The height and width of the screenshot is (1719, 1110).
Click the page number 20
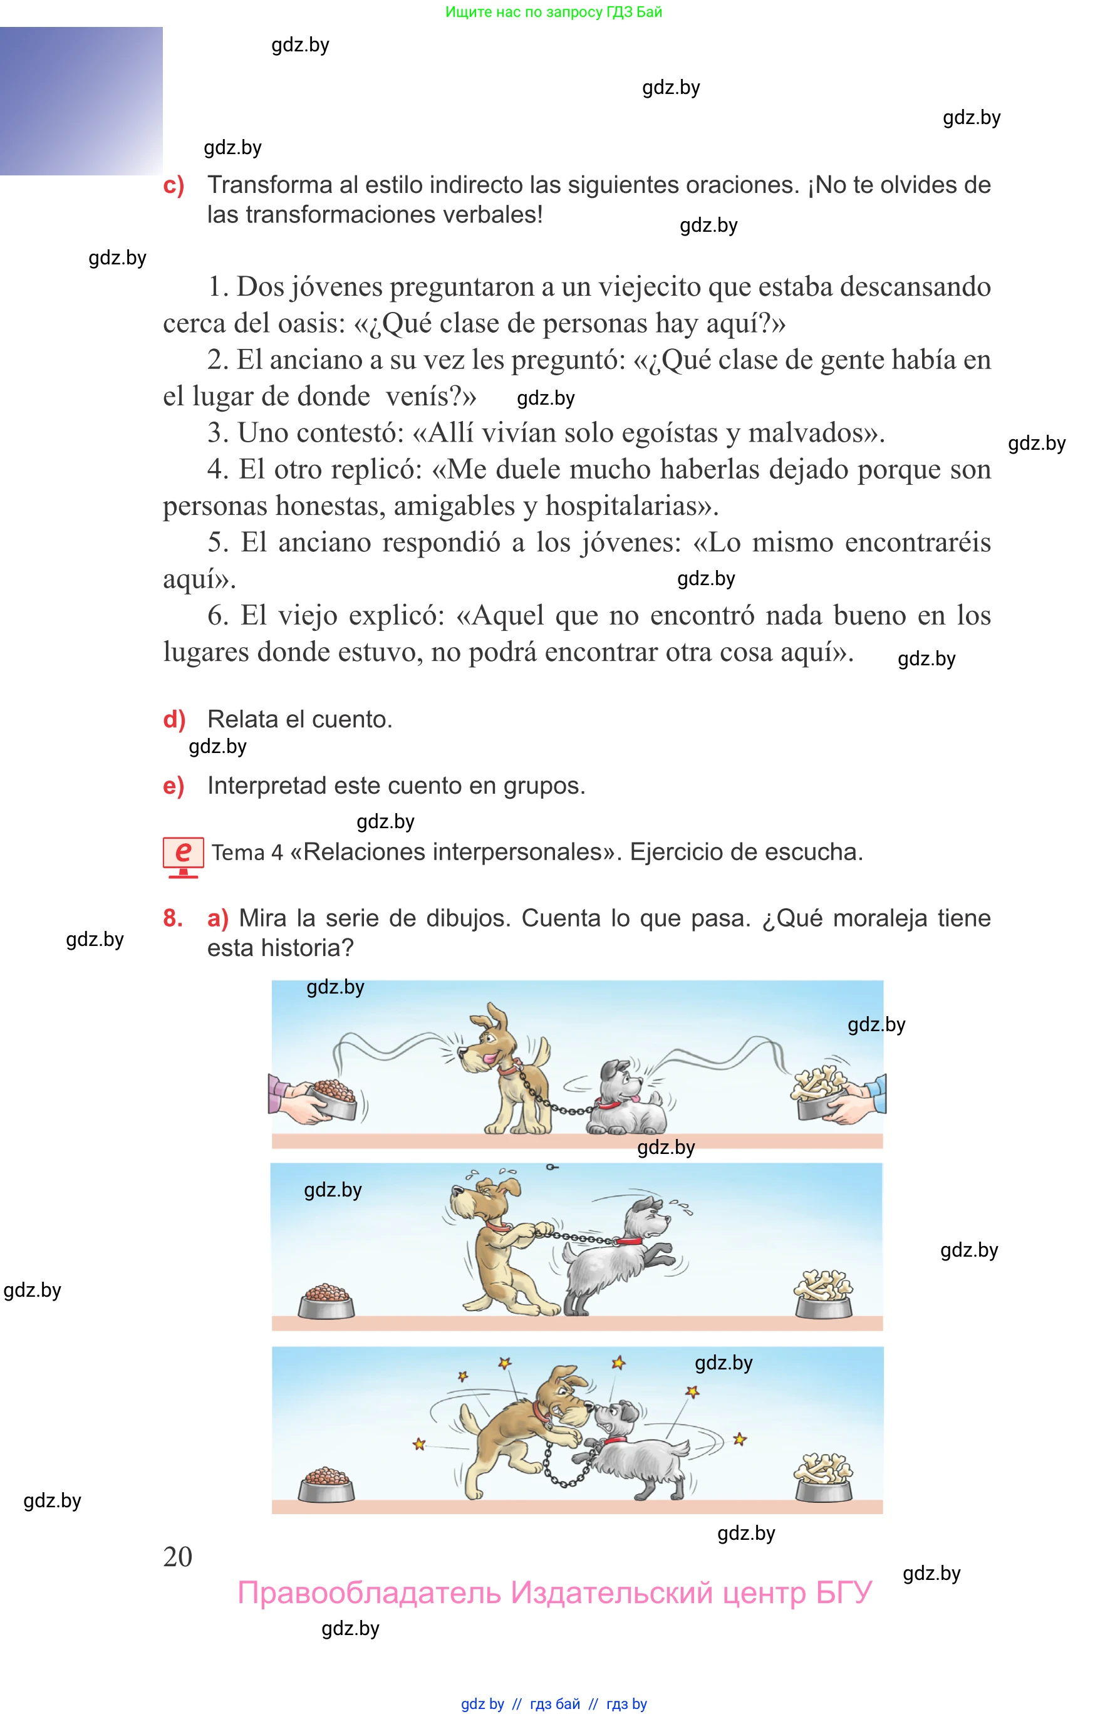click(x=177, y=1556)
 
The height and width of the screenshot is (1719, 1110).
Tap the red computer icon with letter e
click(x=183, y=857)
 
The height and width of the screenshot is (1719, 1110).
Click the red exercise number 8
click(x=172, y=918)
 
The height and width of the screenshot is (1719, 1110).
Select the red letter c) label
click(x=174, y=185)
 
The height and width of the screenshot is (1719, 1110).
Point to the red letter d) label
click(x=174, y=719)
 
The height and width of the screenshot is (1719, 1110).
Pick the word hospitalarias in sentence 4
click(x=632, y=506)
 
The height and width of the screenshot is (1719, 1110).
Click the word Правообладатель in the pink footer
click(x=369, y=1593)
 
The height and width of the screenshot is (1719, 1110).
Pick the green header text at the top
click(x=554, y=13)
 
